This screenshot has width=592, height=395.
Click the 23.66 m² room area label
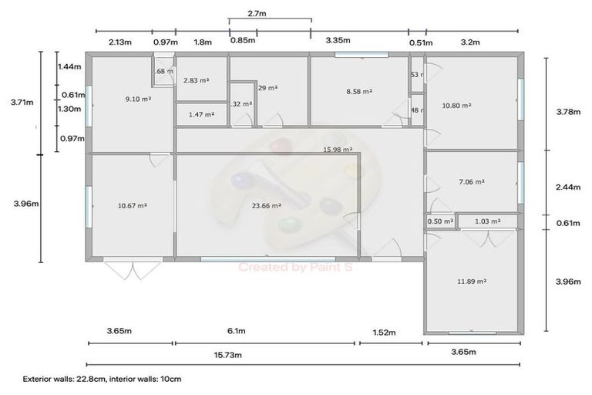pos(266,206)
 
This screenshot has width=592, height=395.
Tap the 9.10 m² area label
pos(137,99)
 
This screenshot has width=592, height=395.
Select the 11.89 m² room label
pos(471,282)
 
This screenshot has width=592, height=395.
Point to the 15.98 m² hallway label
pos(338,150)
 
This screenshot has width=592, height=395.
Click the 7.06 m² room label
pos(471,182)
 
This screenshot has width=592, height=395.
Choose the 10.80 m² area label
pos(456,105)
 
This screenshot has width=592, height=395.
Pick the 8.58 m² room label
pos(359,91)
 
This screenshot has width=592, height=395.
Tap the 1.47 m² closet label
pos(201,114)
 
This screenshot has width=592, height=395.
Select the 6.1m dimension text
pos(237,332)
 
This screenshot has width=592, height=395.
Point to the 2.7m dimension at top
pos(257,13)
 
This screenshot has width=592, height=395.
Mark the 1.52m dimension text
pos(383,333)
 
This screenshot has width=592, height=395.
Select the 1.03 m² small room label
pos(489,221)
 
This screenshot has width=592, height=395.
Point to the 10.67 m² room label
pos(133,206)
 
